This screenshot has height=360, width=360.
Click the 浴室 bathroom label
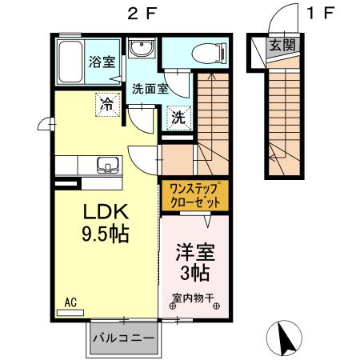click(100, 60)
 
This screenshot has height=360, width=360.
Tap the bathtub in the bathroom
click(70, 62)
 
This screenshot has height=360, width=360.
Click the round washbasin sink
click(144, 50)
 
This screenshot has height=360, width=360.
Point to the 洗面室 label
click(150, 89)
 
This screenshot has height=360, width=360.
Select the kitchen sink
click(106, 166)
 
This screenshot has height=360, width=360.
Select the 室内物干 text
click(193, 298)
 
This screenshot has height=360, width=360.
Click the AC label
click(70, 302)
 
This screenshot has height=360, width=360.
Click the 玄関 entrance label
click(282, 45)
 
